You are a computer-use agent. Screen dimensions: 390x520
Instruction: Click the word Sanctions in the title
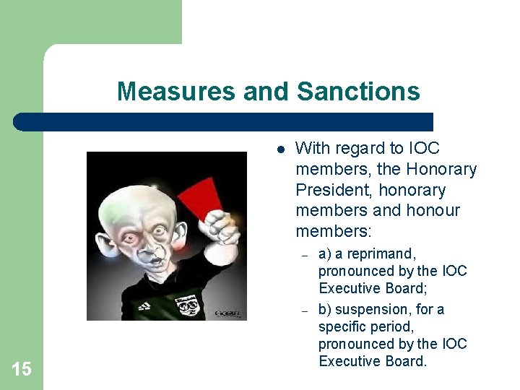357,92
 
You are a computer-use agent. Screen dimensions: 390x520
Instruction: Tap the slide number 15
22,370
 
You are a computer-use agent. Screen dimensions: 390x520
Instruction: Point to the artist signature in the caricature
230,313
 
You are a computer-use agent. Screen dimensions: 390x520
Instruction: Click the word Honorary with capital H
441,170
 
